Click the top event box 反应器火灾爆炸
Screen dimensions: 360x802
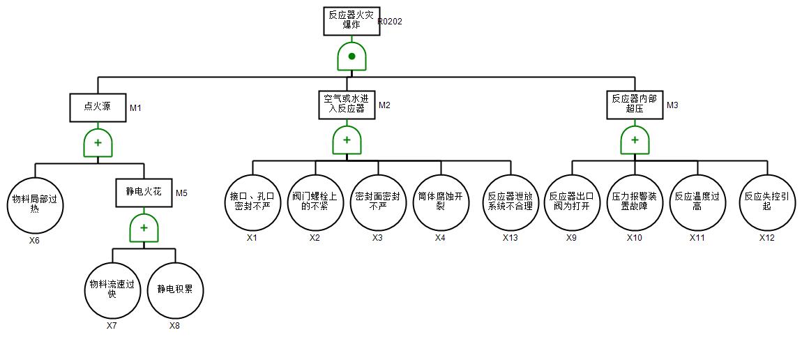click(x=351, y=21)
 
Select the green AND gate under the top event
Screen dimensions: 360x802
click(x=351, y=57)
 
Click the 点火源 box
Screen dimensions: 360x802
click(x=98, y=107)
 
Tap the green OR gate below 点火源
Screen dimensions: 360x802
click(x=98, y=143)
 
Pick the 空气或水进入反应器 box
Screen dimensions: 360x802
click(x=347, y=105)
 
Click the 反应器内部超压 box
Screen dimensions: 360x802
click(x=635, y=105)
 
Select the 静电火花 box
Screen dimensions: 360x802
click(x=144, y=193)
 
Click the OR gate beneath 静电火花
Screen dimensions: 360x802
click(x=144, y=227)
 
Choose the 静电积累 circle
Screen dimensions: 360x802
click(x=176, y=289)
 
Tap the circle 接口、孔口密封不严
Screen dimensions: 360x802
click(x=252, y=202)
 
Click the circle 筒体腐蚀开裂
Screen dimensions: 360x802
click(x=441, y=202)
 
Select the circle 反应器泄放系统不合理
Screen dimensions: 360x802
click(x=510, y=202)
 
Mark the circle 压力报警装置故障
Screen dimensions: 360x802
click(x=635, y=202)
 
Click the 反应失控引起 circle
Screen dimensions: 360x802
click(x=767, y=202)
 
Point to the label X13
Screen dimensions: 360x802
click(x=510, y=238)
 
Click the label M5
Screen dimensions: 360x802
click(x=181, y=193)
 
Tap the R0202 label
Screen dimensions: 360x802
click(x=391, y=21)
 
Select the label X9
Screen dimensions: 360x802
click(x=571, y=238)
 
